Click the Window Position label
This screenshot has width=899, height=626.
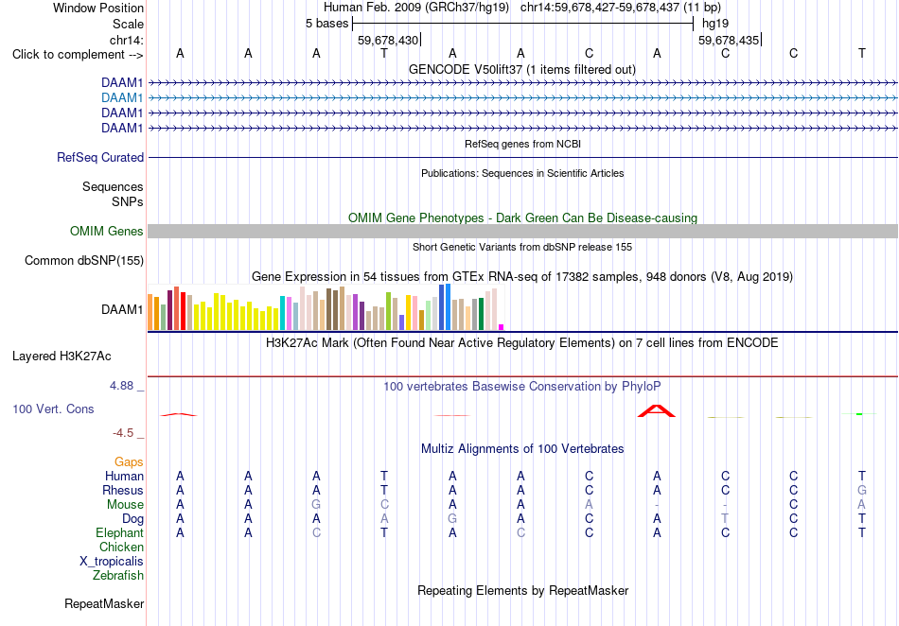point(98,8)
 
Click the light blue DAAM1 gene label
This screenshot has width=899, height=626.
point(122,98)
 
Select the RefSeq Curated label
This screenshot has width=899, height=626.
point(100,158)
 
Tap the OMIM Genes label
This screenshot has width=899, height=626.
point(107,231)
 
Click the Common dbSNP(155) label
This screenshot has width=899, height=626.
point(84,261)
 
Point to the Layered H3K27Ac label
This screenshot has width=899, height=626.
point(62,356)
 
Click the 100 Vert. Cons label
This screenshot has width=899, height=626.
point(53,409)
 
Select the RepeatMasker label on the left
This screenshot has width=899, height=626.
point(104,603)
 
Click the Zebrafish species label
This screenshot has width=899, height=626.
point(118,575)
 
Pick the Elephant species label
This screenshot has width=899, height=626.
point(120,532)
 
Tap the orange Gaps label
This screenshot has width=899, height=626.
point(129,461)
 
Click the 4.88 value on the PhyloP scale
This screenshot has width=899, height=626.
point(121,386)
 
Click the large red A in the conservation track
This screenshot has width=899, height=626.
point(657,410)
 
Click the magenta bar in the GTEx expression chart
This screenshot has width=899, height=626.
point(502,327)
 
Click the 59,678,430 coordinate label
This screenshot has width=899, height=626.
point(388,40)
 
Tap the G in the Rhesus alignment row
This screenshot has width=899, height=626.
point(862,490)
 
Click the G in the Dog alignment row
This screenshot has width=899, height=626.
point(452,518)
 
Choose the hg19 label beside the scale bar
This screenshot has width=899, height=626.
point(715,24)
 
